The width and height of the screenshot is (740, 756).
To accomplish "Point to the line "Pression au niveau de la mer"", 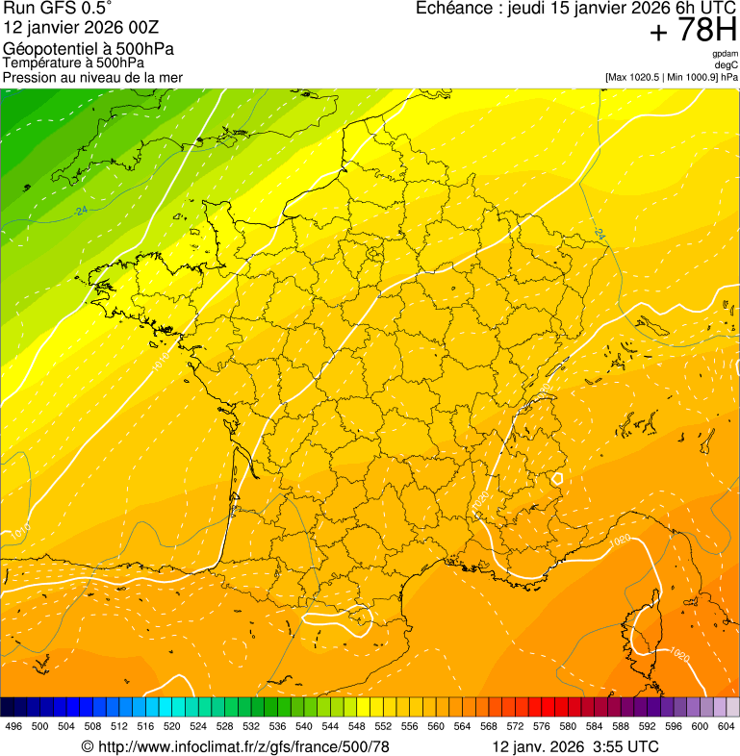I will (x=92, y=77).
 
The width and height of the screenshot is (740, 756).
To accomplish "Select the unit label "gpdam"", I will (x=725, y=54).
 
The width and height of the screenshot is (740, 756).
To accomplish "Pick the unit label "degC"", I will (x=727, y=65).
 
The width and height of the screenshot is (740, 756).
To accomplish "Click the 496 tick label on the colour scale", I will (x=13, y=727).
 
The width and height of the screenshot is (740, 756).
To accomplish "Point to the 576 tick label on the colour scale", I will (x=541, y=727).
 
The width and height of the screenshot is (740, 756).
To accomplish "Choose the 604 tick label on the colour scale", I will (x=726, y=727).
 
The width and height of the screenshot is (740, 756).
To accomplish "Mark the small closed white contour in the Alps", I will (x=556, y=477).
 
